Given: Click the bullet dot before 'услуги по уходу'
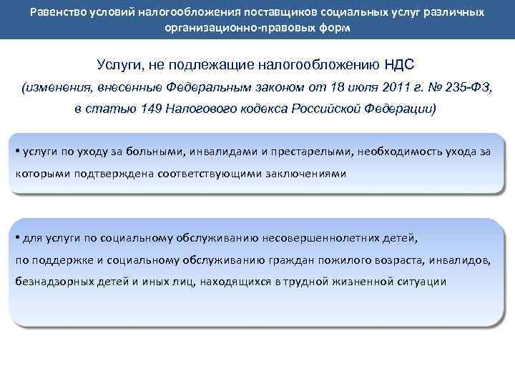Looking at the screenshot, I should (x=17, y=151).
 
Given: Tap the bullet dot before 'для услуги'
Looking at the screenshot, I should (x=17, y=237).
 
